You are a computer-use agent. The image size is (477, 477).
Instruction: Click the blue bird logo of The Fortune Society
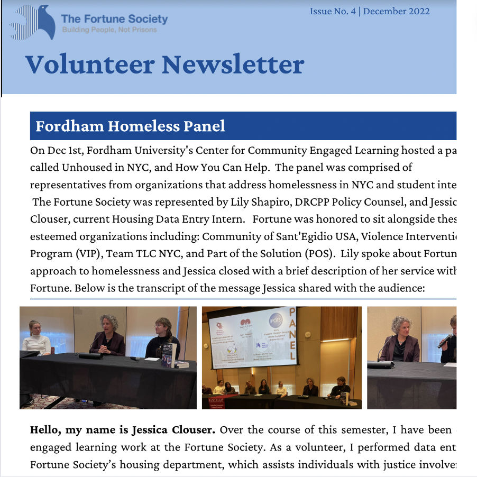[x=33, y=22]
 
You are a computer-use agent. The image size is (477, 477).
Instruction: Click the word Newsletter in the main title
[x=233, y=65]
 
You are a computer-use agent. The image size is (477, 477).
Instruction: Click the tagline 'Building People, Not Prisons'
[x=109, y=30]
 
